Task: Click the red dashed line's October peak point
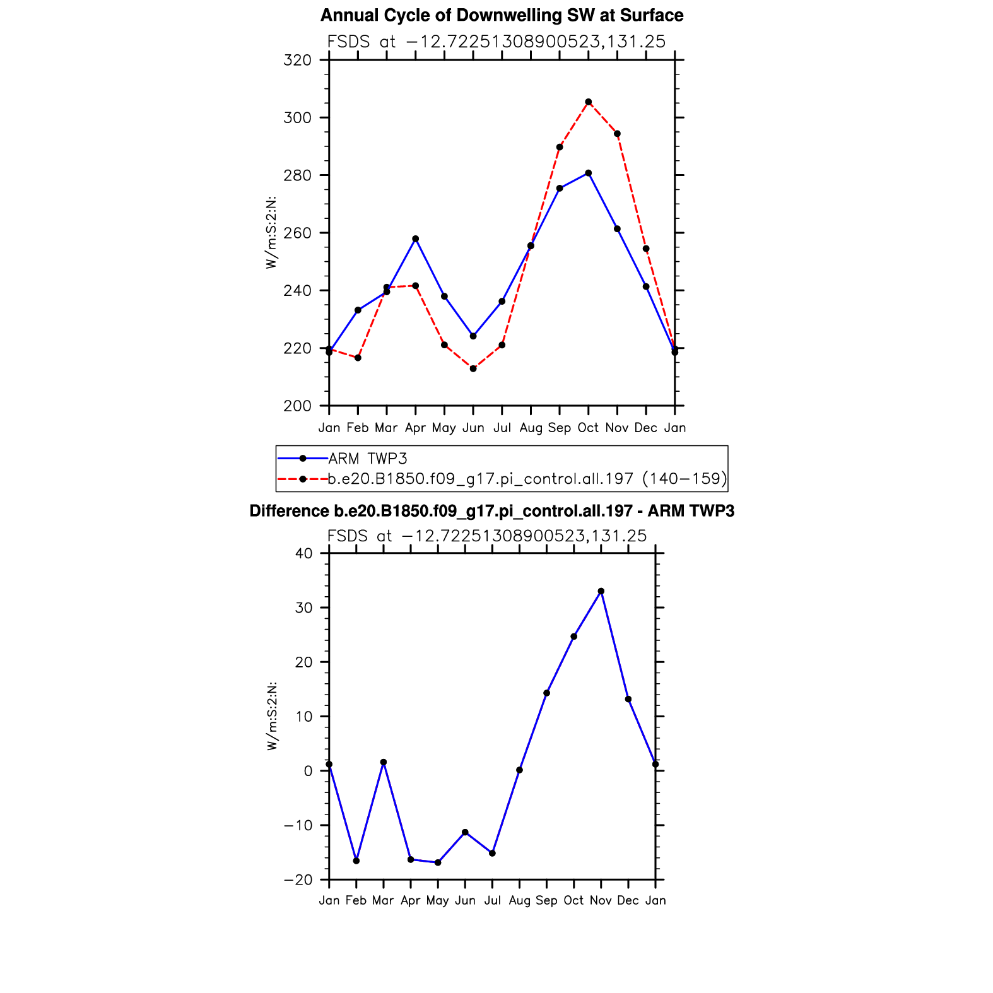click(x=588, y=102)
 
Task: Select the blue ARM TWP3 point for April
click(x=415, y=239)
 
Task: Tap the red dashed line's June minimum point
click(x=473, y=368)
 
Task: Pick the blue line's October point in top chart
click(x=588, y=173)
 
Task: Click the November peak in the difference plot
click(x=601, y=591)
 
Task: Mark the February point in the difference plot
click(x=356, y=861)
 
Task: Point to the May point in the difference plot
click(x=438, y=862)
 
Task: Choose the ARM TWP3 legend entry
click(x=368, y=459)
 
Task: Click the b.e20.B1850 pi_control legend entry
click(x=527, y=479)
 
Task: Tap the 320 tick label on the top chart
click(x=298, y=61)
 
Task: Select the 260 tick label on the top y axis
click(x=298, y=233)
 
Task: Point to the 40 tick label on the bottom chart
click(x=304, y=553)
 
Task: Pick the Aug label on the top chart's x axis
click(x=531, y=428)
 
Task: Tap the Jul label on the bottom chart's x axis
click(x=492, y=900)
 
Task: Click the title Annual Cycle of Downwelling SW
click(x=502, y=15)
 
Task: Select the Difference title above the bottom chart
click(x=492, y=511)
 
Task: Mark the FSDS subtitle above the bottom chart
click(x=487, y=536)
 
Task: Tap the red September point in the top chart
click(x=560, y=147)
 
